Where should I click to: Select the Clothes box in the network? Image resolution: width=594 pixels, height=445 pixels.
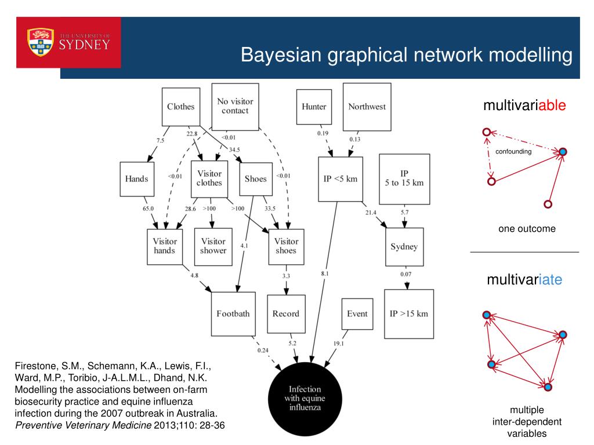pyautogui.click(x=180, y=107)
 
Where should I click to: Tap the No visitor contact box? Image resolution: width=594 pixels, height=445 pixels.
pyautogui.click(x=235, y=106)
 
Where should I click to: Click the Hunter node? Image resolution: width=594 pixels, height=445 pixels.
pyautogui.click(x=314, y=107)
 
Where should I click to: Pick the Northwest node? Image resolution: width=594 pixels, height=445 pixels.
pyautogui.click(x=367, y=107)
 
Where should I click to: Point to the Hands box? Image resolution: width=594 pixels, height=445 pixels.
pyautogui.click(x=136, y=179)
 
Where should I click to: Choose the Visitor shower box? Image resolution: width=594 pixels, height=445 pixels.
pyautogui.click(x=213, y=246)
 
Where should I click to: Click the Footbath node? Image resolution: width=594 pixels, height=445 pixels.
pyautogui.click(x=233, y=313)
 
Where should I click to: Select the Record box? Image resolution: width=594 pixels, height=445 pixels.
pyautogui.click(x=286, y=313)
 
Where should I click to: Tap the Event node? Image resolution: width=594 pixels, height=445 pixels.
pyautogui.click(x=357, y=313)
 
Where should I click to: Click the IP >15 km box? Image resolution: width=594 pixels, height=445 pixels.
pyautogui.click(x=408, y=313)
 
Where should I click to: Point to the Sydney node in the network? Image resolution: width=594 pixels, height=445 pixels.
pyautogui.click(x=404, y=247)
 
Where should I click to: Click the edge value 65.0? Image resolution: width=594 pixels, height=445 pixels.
pyautogui.click(x=148, y=209)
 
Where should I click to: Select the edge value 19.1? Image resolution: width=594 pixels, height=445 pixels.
pyautogui.click(x=338, y=343)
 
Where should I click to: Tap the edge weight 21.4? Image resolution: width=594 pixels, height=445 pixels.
pyautogui.click(x=371, y=213)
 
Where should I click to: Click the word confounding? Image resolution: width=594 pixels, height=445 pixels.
pyautogui.click(x=513, y=152)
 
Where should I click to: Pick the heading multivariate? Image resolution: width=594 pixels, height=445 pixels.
pyautogui.click(x=524, y=280)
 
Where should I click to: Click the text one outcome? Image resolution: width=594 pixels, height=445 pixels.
pyautogui.click(x=527, y=229)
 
